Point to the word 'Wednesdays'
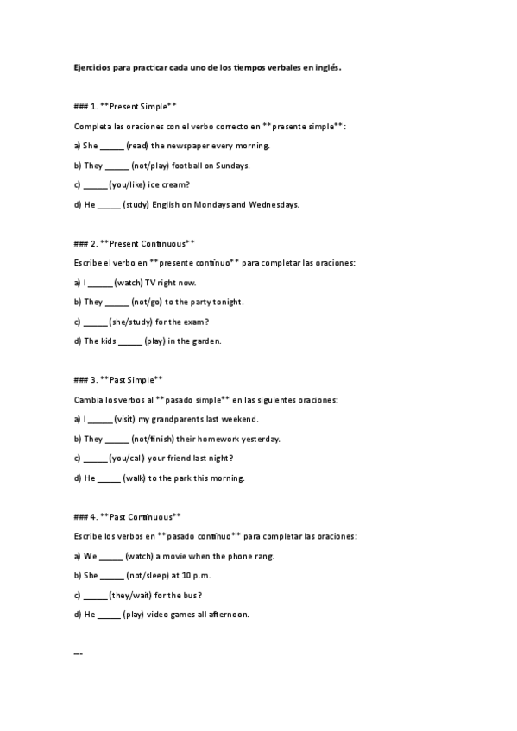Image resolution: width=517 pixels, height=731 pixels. pos(273,205)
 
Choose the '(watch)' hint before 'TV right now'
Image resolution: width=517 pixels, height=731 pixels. pos(129,282)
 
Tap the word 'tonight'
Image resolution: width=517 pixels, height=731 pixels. pos(226,302)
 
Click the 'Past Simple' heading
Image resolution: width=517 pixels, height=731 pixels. pos(136,379)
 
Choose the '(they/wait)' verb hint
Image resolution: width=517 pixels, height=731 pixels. pos(130,595)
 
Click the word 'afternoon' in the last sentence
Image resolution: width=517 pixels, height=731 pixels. pos(226,615)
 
